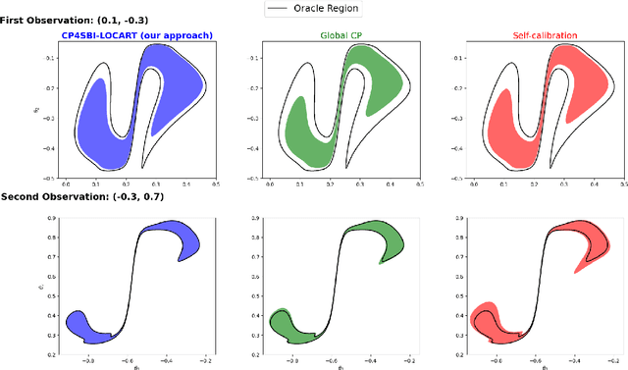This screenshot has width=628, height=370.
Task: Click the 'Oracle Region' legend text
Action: (328, 9)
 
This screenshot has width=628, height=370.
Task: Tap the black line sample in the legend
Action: (281, 9)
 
